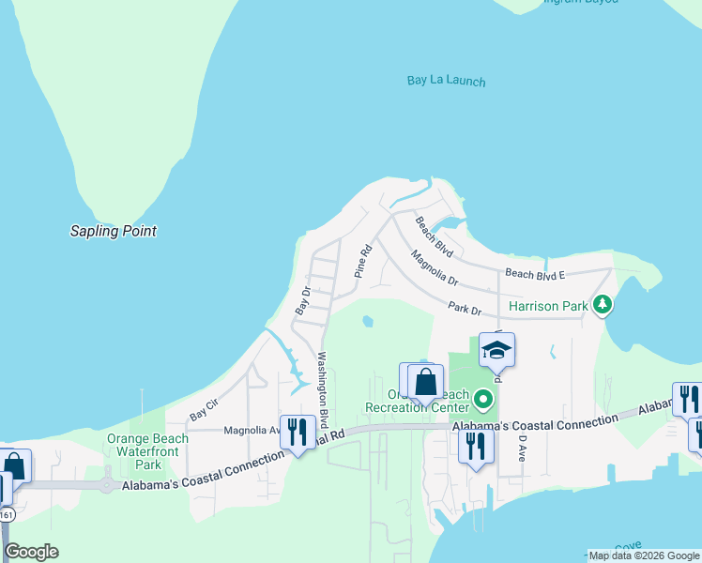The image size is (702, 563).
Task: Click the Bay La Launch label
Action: pyautogui.click(x=447, y=81)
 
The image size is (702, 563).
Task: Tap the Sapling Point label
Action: pyautogui.click(x=114, y=231)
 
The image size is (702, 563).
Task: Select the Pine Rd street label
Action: pyautogui.click(x=363, y=262)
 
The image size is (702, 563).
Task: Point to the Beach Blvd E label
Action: pyautogui.click(x=535, y=273)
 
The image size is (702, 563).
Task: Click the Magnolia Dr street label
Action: pyautogui.click(x=435, y=267)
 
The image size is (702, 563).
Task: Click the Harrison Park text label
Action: pyautogui.click(x=548, y=306)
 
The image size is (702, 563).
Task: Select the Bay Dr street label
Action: pyautogui.click(x=302, y=300)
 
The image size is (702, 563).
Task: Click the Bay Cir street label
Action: pyautogui.click(x=203, y=410)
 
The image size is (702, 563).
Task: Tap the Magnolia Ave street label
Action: pyautogui.click(x=252, y=432)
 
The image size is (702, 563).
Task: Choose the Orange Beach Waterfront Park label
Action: pyautogui.click(x=148, y=451)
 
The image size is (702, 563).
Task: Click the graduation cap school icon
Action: pyautogui.click(x=496, y=351)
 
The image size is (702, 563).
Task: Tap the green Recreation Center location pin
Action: pyautogui.click(x=483, y=401)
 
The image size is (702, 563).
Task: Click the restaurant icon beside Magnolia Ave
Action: pyautogui.click(x=298, y=433)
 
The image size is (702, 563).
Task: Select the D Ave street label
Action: pyautogui.click(x=523, y=448)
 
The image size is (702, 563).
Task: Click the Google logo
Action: pyautogui.click(x=31, y=552)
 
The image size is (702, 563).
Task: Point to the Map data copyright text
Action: pyautogui.click(x=644, y=555)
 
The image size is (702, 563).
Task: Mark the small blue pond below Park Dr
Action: pyautogui.click(x=367, y=322)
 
